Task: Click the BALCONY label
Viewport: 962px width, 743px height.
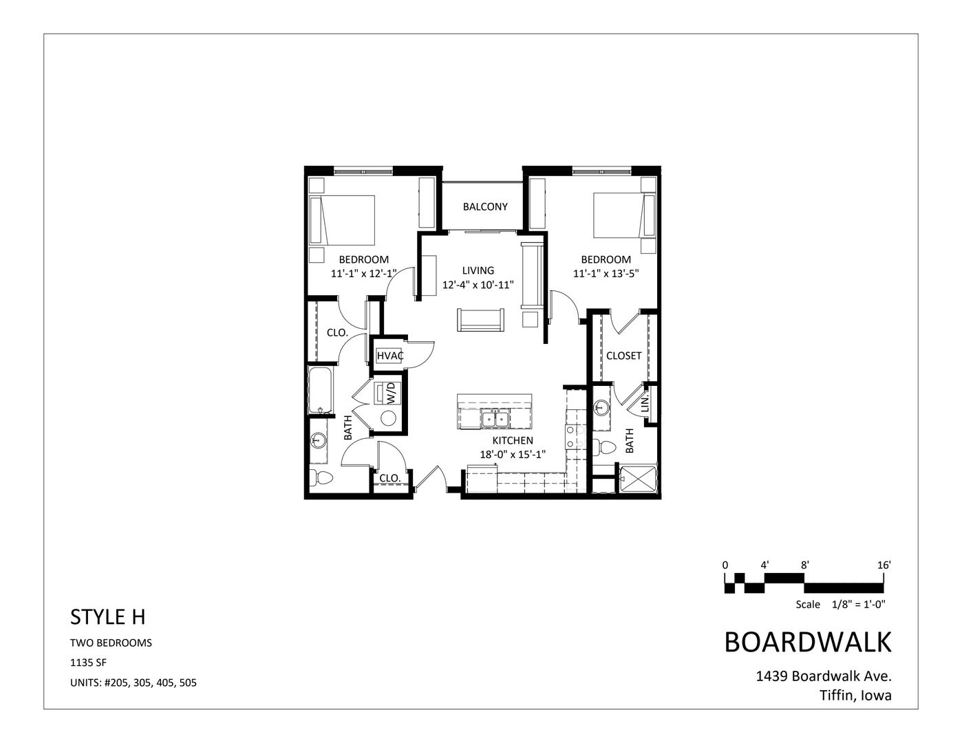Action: tap(485, 206)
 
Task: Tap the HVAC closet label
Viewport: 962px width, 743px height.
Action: tap(389, 356)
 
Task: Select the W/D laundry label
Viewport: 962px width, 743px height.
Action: tap(391, 395)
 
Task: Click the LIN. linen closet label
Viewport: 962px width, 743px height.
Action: tap(645, 404)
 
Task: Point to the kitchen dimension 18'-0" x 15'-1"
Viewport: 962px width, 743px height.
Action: tap(513, 454)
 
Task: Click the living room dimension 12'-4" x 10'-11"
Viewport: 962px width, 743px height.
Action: tap(478, 284)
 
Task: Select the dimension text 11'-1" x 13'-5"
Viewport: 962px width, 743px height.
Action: tap(606, 273)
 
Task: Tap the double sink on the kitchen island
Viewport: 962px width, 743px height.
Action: tap(495, 417)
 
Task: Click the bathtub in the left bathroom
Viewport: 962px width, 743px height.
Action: tap(319, 391)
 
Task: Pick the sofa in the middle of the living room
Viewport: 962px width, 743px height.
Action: tap(481, 321)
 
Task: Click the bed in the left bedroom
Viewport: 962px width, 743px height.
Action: tap(342, 219)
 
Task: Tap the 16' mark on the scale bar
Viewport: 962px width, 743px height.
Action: tap(884, 565)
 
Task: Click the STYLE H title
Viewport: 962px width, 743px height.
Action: tap(108, 617)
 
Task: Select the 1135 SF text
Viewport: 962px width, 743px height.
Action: tap(89, 663)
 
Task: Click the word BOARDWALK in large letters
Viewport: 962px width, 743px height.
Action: tap(808, 642)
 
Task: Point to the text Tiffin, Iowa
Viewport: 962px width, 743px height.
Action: tap(855, 696)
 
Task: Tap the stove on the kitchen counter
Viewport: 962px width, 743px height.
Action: tap(572, 437)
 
